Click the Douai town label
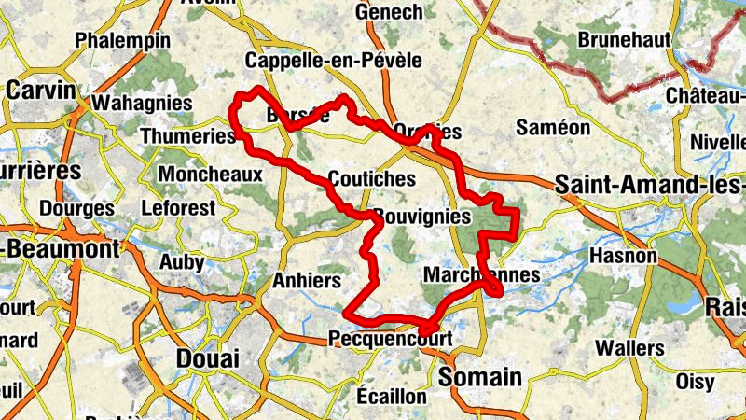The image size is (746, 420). pos(208,358)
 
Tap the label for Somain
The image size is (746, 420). pos(479,377)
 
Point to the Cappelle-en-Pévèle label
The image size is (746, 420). pos(333,61)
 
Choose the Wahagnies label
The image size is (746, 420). pos(144,102)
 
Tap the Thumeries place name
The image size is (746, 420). pos(187,136)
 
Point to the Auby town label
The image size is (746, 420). pos(181,262)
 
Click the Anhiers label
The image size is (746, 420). pos(307,280)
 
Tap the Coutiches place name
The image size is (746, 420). pos(372,177)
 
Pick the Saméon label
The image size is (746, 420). pos(554,127)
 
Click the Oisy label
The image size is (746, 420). pos(695,382)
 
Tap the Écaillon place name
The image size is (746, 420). pos(390,396)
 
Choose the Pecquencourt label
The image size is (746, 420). pos(390,338)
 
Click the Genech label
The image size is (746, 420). pos(389,12)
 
